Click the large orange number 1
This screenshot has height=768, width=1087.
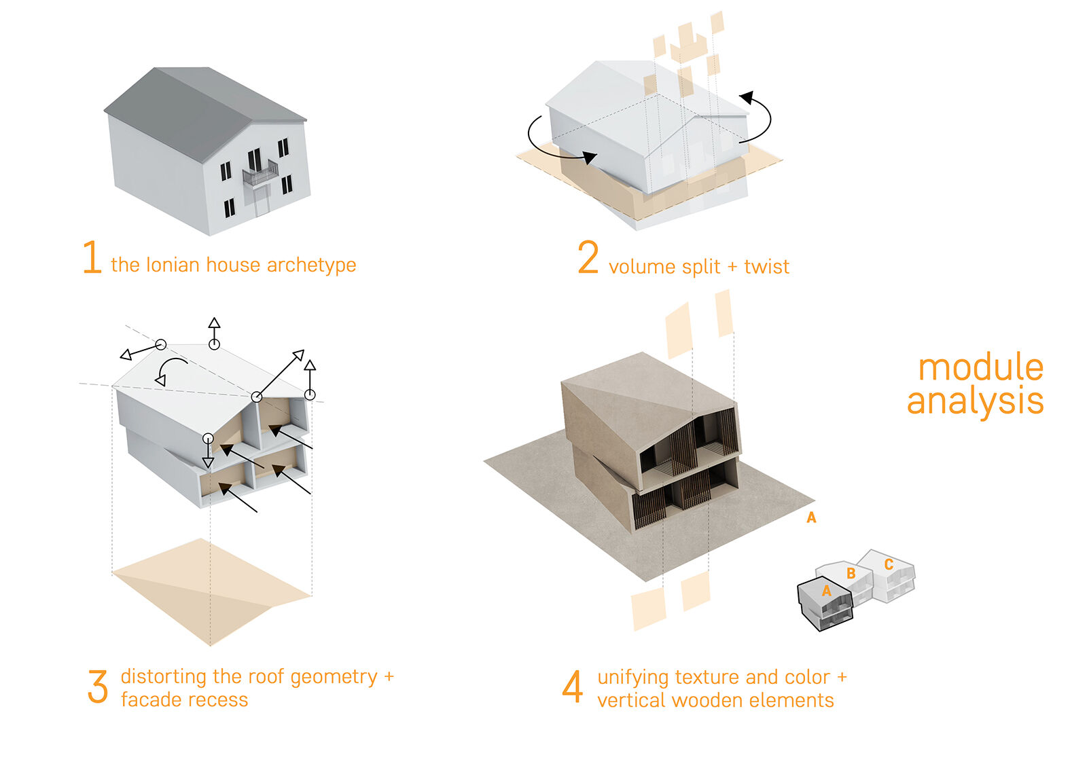(x=92, y=257)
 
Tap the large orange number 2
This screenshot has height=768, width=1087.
(x=588, y=258)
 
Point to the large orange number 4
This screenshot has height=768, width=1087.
(x=572, y=687)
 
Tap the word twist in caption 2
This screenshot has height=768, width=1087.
(x=766, y=267)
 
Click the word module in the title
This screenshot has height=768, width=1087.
(x=980, y=368)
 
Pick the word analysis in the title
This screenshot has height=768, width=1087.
(x=975, y=401)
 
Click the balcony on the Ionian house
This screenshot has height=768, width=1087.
(x=260, y=172)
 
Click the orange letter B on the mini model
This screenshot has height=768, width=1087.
(x=851, y=574)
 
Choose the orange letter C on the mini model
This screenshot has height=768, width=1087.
(x=889, y=564)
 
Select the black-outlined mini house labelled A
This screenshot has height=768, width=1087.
(x=824, y=604)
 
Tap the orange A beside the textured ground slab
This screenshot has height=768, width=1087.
(x=810, y=518)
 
